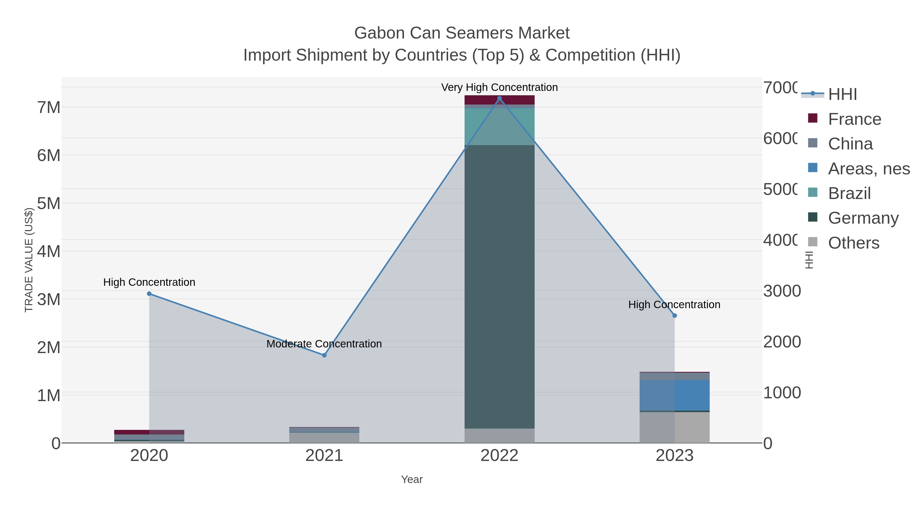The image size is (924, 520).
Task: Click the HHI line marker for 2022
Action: pyautogui.click(x=499, y=98)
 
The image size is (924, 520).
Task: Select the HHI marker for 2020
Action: pyautogui.click(x=149, y=294)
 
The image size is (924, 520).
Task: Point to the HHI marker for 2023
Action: pyautogui.click(x=674, y=315)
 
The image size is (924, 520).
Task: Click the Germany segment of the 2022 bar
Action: pyautogui.click(x=499, y=287)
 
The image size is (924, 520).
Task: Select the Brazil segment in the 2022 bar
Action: pyautogui.click(x=499, y=126)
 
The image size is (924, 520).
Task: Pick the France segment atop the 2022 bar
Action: pyautogui.click(x=499, y=100)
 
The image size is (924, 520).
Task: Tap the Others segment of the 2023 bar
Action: pyautogui.click(x=674, y=427)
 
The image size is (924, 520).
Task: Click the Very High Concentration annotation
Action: pyautogui.click(x=499, y=87)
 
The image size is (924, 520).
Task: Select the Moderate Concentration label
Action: pyautogui.click(x=324, y=344)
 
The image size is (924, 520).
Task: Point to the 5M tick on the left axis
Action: pyautogui.click(x=49, y=203)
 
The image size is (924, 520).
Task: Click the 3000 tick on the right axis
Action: pyautogui.click(x=782, y=291)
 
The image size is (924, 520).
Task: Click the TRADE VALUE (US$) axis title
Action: pyautogui.click(x=29, y=260)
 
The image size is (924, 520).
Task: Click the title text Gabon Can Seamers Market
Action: pyautogui.click(x=462, y=33)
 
